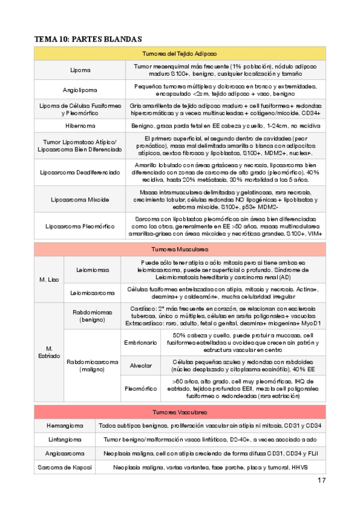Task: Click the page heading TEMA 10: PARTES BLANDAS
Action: [88, 38]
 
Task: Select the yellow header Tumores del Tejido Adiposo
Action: [180, 54]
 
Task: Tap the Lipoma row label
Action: [81, 70]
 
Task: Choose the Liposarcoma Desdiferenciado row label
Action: [81, 172]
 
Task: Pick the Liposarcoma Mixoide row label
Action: [81, 198]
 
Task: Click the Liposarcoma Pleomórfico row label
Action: [81, 226]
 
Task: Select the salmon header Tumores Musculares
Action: [180, 249]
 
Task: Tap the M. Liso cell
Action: [49, 280]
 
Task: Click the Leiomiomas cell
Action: [93, 271]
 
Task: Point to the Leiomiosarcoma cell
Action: [93, 293]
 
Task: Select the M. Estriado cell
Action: [49, 352]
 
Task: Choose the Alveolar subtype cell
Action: [137, 365]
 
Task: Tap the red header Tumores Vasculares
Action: [180, 413]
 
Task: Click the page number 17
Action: [321, 481]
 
